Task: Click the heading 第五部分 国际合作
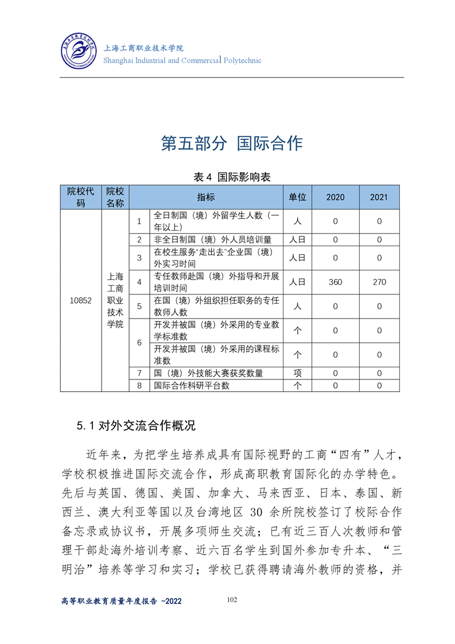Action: click(231, 143)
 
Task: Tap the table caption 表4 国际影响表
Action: click(232, 177)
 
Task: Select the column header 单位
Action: click(297, 197)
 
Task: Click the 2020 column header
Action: click(335, 197)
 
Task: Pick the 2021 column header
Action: click(379, 197)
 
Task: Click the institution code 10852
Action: click(80, 300)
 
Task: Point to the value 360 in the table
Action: click(335, 282)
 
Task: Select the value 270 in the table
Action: click(379, 282)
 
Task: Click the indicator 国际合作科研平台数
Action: click(192, 386)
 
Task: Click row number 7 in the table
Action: click(139, 373)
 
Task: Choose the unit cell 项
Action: click(297, 373)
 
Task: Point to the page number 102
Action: click(232, 600)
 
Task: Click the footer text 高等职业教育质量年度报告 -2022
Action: click(121, 601)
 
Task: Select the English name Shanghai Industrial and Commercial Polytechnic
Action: click(182, 60)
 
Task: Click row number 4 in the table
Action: click(139, 282)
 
